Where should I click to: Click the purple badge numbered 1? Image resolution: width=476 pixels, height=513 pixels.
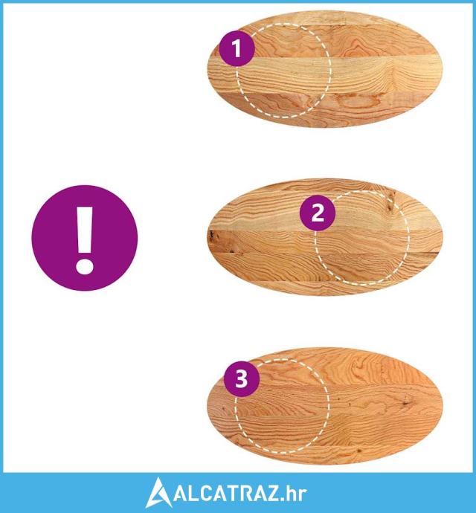(237, 48)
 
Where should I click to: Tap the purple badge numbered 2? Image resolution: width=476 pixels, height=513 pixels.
(318, 213)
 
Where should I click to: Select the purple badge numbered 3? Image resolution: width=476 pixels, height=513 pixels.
(242, 379)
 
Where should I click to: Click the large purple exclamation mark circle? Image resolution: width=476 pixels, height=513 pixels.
(85, 238)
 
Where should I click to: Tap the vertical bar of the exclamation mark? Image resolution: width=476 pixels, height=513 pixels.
(85, 230)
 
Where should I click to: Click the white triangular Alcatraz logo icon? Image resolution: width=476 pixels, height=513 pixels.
(158, 493)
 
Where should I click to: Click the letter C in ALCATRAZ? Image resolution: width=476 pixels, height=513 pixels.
(202, 493)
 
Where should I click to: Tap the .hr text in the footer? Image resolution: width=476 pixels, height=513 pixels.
(293, 493)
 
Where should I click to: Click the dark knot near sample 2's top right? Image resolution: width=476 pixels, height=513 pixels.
(390, 203)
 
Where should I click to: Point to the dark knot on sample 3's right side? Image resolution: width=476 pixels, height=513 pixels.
(408, 403)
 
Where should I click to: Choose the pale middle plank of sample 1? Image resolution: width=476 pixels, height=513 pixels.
(326, 74)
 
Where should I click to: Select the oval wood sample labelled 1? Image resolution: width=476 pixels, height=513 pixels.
(326, 69)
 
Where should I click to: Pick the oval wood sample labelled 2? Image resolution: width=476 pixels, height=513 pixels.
(326, 237)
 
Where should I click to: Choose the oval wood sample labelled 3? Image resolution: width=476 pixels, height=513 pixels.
(326, 406)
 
